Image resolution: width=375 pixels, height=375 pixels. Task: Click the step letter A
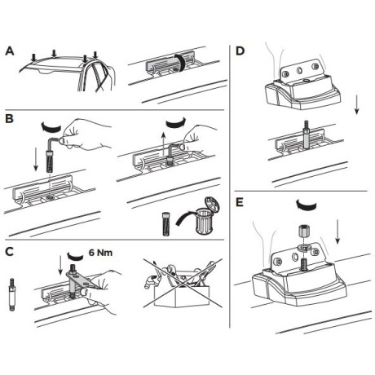(x=10, y=51)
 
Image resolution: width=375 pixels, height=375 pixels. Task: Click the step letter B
(x=9, y=119)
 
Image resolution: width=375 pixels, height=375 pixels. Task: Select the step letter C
(x=9, y=252)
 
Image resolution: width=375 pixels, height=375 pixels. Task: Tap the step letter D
(x=240, y=51)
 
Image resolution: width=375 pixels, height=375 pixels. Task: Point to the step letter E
(x=240, y=203)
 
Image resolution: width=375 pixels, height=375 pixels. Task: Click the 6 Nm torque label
(x=100, y=253)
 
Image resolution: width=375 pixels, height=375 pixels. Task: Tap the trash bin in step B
(x=208, y=215)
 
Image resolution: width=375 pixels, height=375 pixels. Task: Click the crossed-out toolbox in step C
(x=183, y=283)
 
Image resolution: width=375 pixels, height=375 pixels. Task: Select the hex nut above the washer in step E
(x=303, y=232)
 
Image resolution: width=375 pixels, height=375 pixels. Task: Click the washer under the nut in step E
(x=303, y=247)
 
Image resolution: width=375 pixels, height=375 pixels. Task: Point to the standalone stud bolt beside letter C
(x=12, y=294)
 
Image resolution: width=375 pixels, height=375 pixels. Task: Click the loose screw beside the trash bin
(x=166, y=224)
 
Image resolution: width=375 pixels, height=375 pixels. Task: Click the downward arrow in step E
(x=337, y=232)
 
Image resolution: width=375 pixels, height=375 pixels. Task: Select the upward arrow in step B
(x=163, y=143)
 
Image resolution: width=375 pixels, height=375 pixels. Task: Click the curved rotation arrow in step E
(x=307, y=205)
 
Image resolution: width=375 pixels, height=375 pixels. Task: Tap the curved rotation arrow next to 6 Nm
(x=75, y=256)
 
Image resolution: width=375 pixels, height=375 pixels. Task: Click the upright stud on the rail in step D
(x=306, y=135)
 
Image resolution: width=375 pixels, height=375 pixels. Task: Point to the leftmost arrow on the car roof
(x=33, y=58)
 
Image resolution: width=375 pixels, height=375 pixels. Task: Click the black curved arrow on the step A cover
(x=180, y=64)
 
